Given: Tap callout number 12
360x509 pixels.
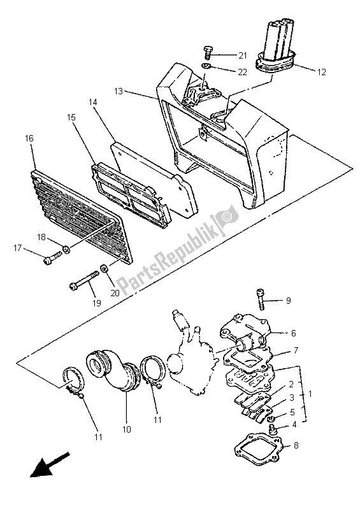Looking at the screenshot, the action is coord(321,72).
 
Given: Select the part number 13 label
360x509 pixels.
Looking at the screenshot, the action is coord(119,91).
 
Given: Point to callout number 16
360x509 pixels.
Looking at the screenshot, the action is coord(29,138).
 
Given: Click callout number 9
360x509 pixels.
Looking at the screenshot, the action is coord(288,301).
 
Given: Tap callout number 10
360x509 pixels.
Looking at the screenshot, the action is coord(127,429).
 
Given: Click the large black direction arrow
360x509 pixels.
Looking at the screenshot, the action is coord(50,464).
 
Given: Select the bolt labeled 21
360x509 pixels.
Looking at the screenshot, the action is coord(207,53).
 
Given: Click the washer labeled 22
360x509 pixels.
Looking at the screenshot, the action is coord(205,66).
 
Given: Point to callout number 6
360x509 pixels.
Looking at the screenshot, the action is coord(294,333).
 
